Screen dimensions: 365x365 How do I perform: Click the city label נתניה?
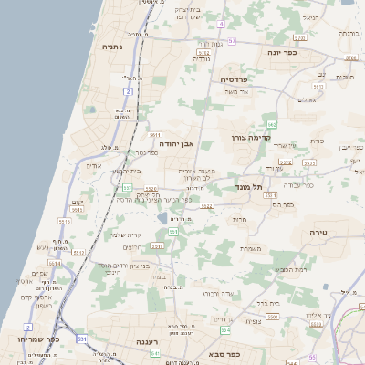(x=111, y=47)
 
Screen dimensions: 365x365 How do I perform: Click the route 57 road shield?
(x=232, y=41)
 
